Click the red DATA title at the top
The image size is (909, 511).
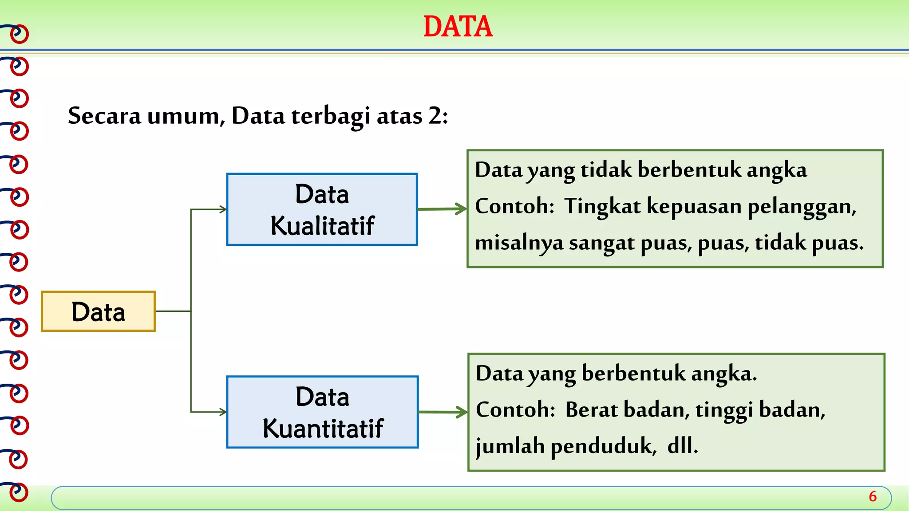458,27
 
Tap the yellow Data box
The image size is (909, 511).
98,311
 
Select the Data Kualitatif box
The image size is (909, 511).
322,209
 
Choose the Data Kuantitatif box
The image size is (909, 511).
322,412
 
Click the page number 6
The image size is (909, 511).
873,496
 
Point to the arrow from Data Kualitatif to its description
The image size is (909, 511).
442,209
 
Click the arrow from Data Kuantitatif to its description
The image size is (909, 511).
443,412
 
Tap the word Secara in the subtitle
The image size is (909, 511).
104,116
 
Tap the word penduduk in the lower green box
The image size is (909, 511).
603,446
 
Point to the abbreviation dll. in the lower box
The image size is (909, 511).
682,446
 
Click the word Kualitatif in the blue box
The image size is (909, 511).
322,225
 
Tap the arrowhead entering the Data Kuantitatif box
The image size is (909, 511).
223,412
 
